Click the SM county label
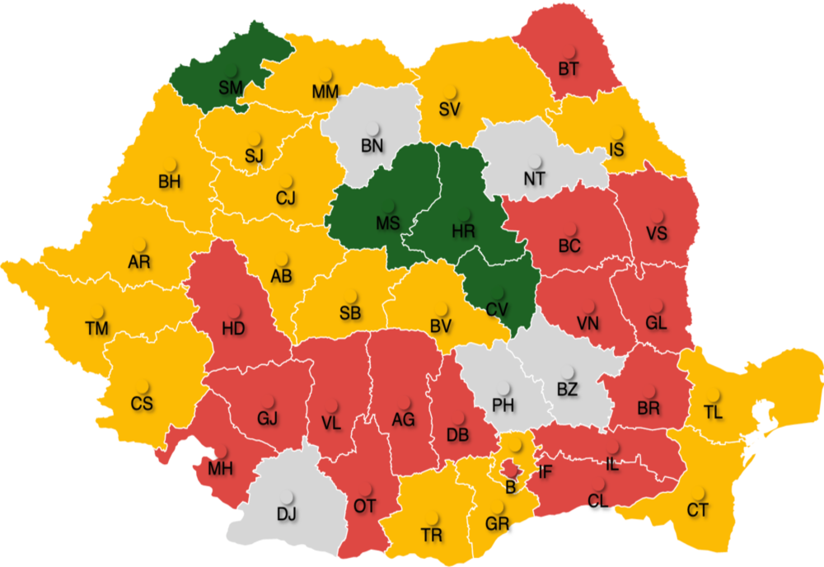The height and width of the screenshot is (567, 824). click(x=231, y=87)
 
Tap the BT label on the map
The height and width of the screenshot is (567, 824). click(x=569, y=69)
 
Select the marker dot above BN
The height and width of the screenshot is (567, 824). click(x=374, y=129)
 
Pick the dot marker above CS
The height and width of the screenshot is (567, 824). click(x=143, y=385)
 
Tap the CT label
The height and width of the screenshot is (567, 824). click(x=698, y=511)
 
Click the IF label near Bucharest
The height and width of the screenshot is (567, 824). click(x=545, y=472)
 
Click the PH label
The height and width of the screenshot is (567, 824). click(x=503, y=405)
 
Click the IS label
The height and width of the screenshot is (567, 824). click(x=616, y=149)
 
